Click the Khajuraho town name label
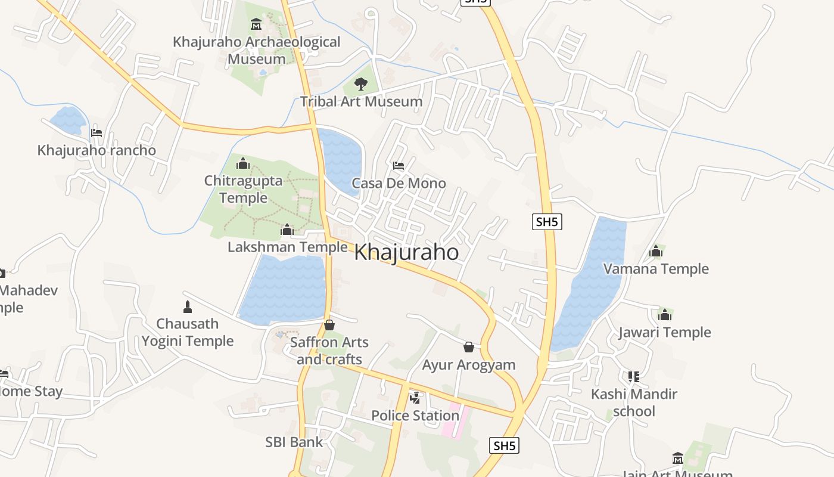406,252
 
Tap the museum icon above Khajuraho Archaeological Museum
256,24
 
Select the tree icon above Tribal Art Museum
360,84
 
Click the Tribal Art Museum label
361,101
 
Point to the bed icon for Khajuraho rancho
97,132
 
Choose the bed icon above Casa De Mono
399,165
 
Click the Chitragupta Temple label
243,189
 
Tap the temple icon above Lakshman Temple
287,230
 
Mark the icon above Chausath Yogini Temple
188,307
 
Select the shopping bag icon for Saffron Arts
329,325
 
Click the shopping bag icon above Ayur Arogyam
469,347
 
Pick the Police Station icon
415,398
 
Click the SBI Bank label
294,442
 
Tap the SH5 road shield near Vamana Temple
547,222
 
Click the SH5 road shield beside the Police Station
504,445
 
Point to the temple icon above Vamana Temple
656,252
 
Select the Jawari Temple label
665,332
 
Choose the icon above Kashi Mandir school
633,377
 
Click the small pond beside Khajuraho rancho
69,120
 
